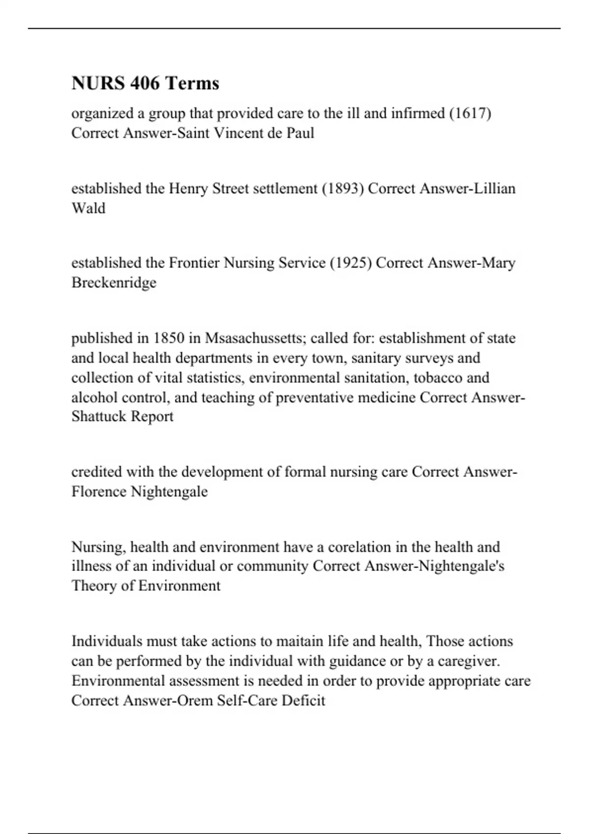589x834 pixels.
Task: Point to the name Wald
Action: click(x=88, y=208)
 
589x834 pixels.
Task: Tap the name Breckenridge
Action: click(x=114, y=283)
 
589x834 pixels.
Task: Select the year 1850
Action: click(x=169, y=338)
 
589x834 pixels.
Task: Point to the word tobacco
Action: click(x=437, y=377)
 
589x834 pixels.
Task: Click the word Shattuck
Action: click(x=96, y=417)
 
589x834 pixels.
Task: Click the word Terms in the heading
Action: click(x=192, y=83)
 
